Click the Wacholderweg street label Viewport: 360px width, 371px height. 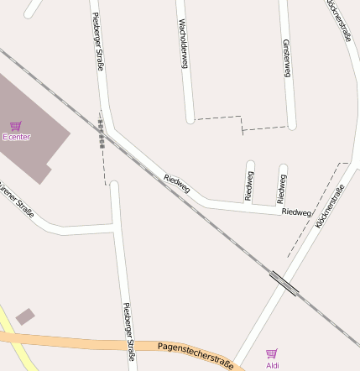182,44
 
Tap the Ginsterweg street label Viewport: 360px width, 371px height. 286,59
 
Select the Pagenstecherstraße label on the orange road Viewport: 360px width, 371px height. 195,353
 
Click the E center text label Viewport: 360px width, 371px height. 16,136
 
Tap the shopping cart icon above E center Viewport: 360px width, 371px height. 15,126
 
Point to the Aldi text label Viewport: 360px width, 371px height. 272,365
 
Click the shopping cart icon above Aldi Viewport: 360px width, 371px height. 271,354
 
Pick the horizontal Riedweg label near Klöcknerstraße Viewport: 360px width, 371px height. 295,212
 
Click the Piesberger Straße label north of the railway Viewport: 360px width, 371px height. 98,40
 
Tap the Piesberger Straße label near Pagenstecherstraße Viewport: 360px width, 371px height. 129,331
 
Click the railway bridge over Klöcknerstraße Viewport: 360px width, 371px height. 284,283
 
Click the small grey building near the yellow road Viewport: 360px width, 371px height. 25,316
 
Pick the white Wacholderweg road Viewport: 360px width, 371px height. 189,92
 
